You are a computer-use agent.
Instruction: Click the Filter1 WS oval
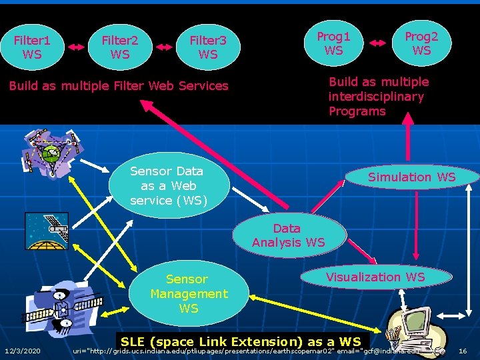(x=32, y=47)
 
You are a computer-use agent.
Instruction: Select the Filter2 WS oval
(x=120, y=47)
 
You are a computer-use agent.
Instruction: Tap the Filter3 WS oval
(x=208, y=47)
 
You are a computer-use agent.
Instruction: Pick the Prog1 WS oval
(x=333, y=43)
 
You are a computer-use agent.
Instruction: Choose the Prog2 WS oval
(x=421, y=43)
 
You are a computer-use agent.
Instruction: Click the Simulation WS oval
(x=412, y=177)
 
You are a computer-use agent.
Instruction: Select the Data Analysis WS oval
(x=289, y=235)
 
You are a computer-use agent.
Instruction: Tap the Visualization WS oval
(x=375, y=277)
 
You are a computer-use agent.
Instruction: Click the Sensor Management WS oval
(x=189, y=294)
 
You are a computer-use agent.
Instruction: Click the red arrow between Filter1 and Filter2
(x=76, y=47)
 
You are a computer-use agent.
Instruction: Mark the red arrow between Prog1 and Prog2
(x=377, y=43)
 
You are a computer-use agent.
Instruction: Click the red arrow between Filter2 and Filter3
(x=164, y=47)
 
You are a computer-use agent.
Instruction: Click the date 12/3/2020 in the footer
(x=22, y=351)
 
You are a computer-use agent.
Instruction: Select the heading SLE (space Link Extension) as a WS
(x=240, y=341)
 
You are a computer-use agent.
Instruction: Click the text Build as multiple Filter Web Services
(x=119, y=86)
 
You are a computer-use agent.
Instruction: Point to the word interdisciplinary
(x=376, y=97)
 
